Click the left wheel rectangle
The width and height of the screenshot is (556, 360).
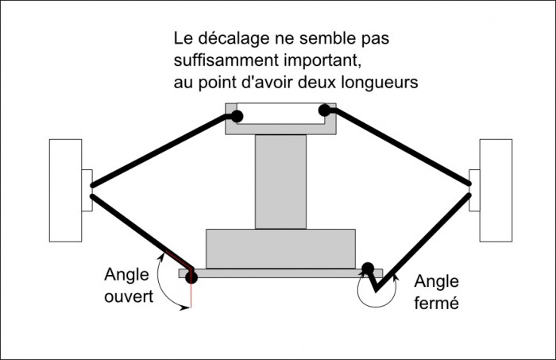coord(65,190)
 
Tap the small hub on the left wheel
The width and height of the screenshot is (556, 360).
coord(87,191)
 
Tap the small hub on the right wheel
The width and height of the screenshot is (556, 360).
coord(475,191)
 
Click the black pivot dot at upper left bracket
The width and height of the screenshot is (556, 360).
coord(237,116)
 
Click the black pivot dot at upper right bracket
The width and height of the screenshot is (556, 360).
coord(324,110)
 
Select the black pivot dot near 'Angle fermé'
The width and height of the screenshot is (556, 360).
coord(368,268)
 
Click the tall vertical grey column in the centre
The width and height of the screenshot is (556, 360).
coord(280,181)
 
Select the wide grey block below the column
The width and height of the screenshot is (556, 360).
coord(280,248)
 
